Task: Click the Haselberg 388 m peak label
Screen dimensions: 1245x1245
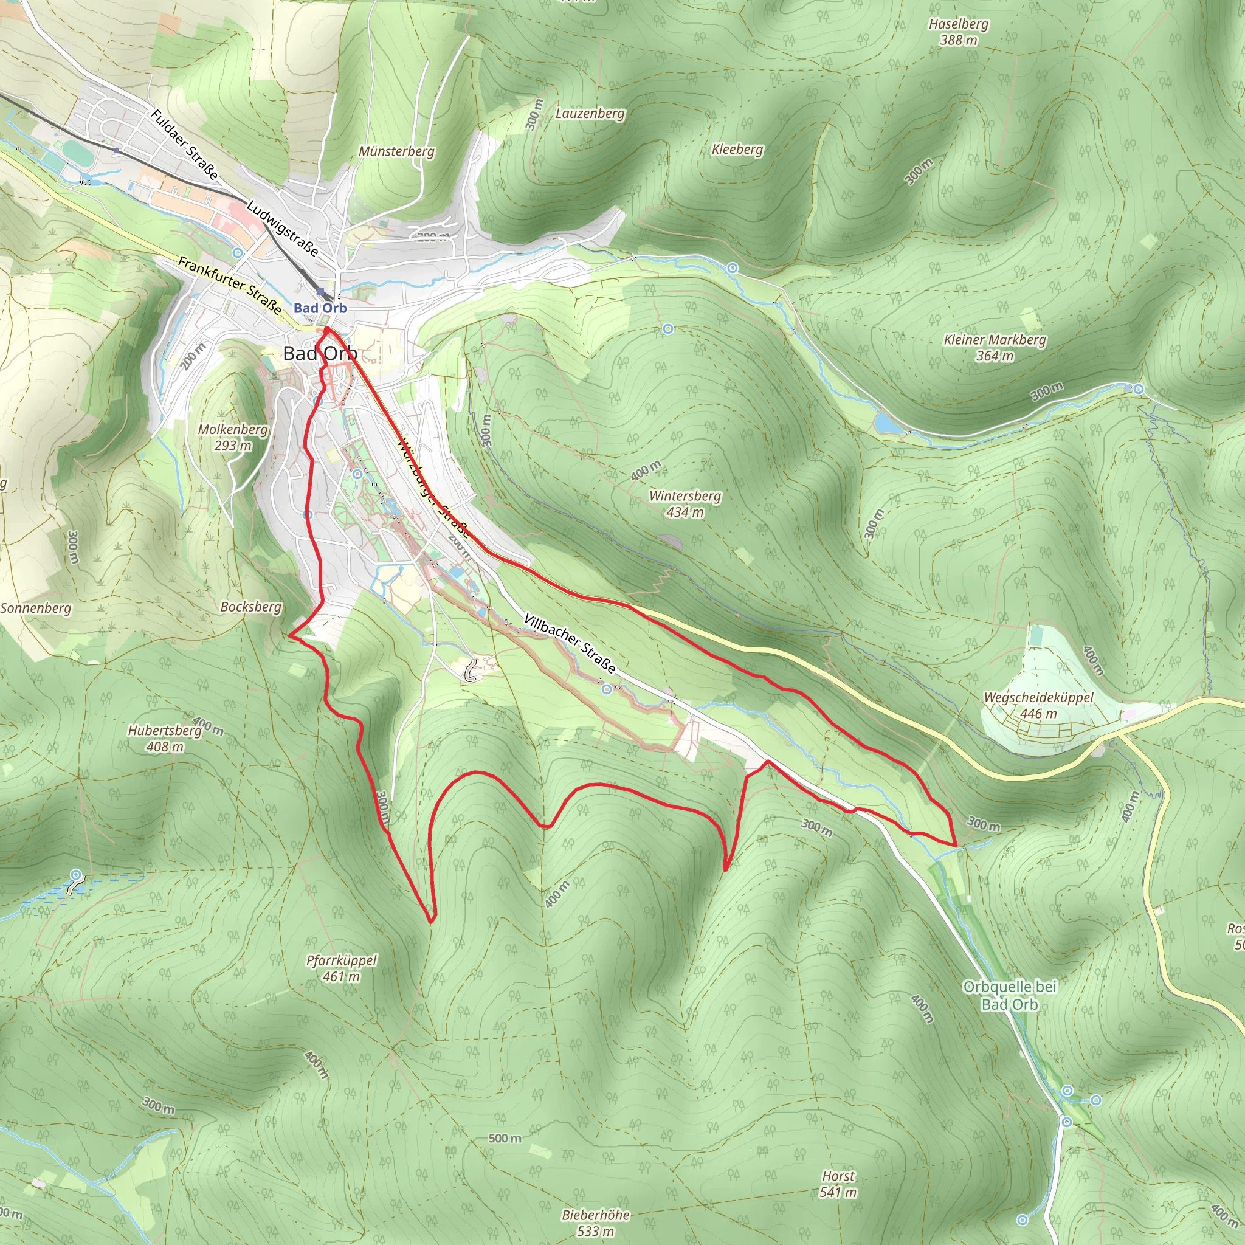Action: (958, 32)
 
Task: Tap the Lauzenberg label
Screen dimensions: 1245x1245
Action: (590, 114)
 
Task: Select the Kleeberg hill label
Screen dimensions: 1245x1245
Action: (737, 150)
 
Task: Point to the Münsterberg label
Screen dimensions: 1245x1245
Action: (396, 151)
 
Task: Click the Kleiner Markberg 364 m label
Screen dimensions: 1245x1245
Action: (995, 347)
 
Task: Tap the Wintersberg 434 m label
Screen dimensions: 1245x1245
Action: (685, 503)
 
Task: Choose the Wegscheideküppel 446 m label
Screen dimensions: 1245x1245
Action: (1038, 705)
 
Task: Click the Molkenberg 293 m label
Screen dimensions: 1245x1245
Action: (233, 437)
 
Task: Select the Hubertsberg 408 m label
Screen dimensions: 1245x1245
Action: (165, 739)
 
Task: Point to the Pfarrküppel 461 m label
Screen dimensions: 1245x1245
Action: (341, 968)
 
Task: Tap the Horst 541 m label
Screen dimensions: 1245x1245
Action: (838, 1184)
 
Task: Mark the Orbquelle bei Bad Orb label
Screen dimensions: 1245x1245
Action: (1009, 996)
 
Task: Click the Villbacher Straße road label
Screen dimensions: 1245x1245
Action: (570, 643)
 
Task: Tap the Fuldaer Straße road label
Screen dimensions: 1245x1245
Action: (184, 144)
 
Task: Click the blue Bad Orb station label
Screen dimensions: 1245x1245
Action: (320, 308)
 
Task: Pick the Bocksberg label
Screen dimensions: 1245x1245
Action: (250, 607)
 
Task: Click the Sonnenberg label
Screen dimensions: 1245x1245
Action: (36, 608)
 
